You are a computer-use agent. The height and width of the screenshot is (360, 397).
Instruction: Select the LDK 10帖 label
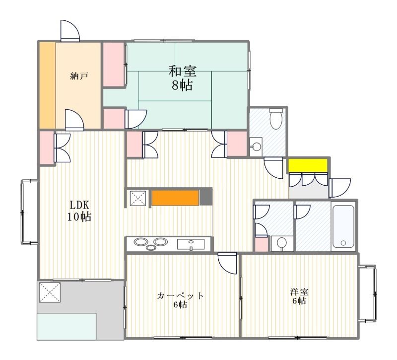80,211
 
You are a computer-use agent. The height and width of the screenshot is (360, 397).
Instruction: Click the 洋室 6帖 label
299,296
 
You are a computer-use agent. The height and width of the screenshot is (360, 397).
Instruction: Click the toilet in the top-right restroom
275,119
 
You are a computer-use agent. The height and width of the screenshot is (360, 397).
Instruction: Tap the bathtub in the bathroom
343,226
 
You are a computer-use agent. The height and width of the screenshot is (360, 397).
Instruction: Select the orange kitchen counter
175,197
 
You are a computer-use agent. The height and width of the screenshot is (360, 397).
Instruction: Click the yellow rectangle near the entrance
308,165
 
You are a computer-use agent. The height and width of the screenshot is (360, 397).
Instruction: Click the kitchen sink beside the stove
191,244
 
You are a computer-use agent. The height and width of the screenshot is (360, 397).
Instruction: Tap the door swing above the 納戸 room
69,31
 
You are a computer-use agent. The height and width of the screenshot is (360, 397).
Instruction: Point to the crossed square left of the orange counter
137,198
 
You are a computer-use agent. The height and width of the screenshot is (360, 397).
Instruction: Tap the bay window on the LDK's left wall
29,212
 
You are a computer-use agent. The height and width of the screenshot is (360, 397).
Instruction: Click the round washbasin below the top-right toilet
257,146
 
